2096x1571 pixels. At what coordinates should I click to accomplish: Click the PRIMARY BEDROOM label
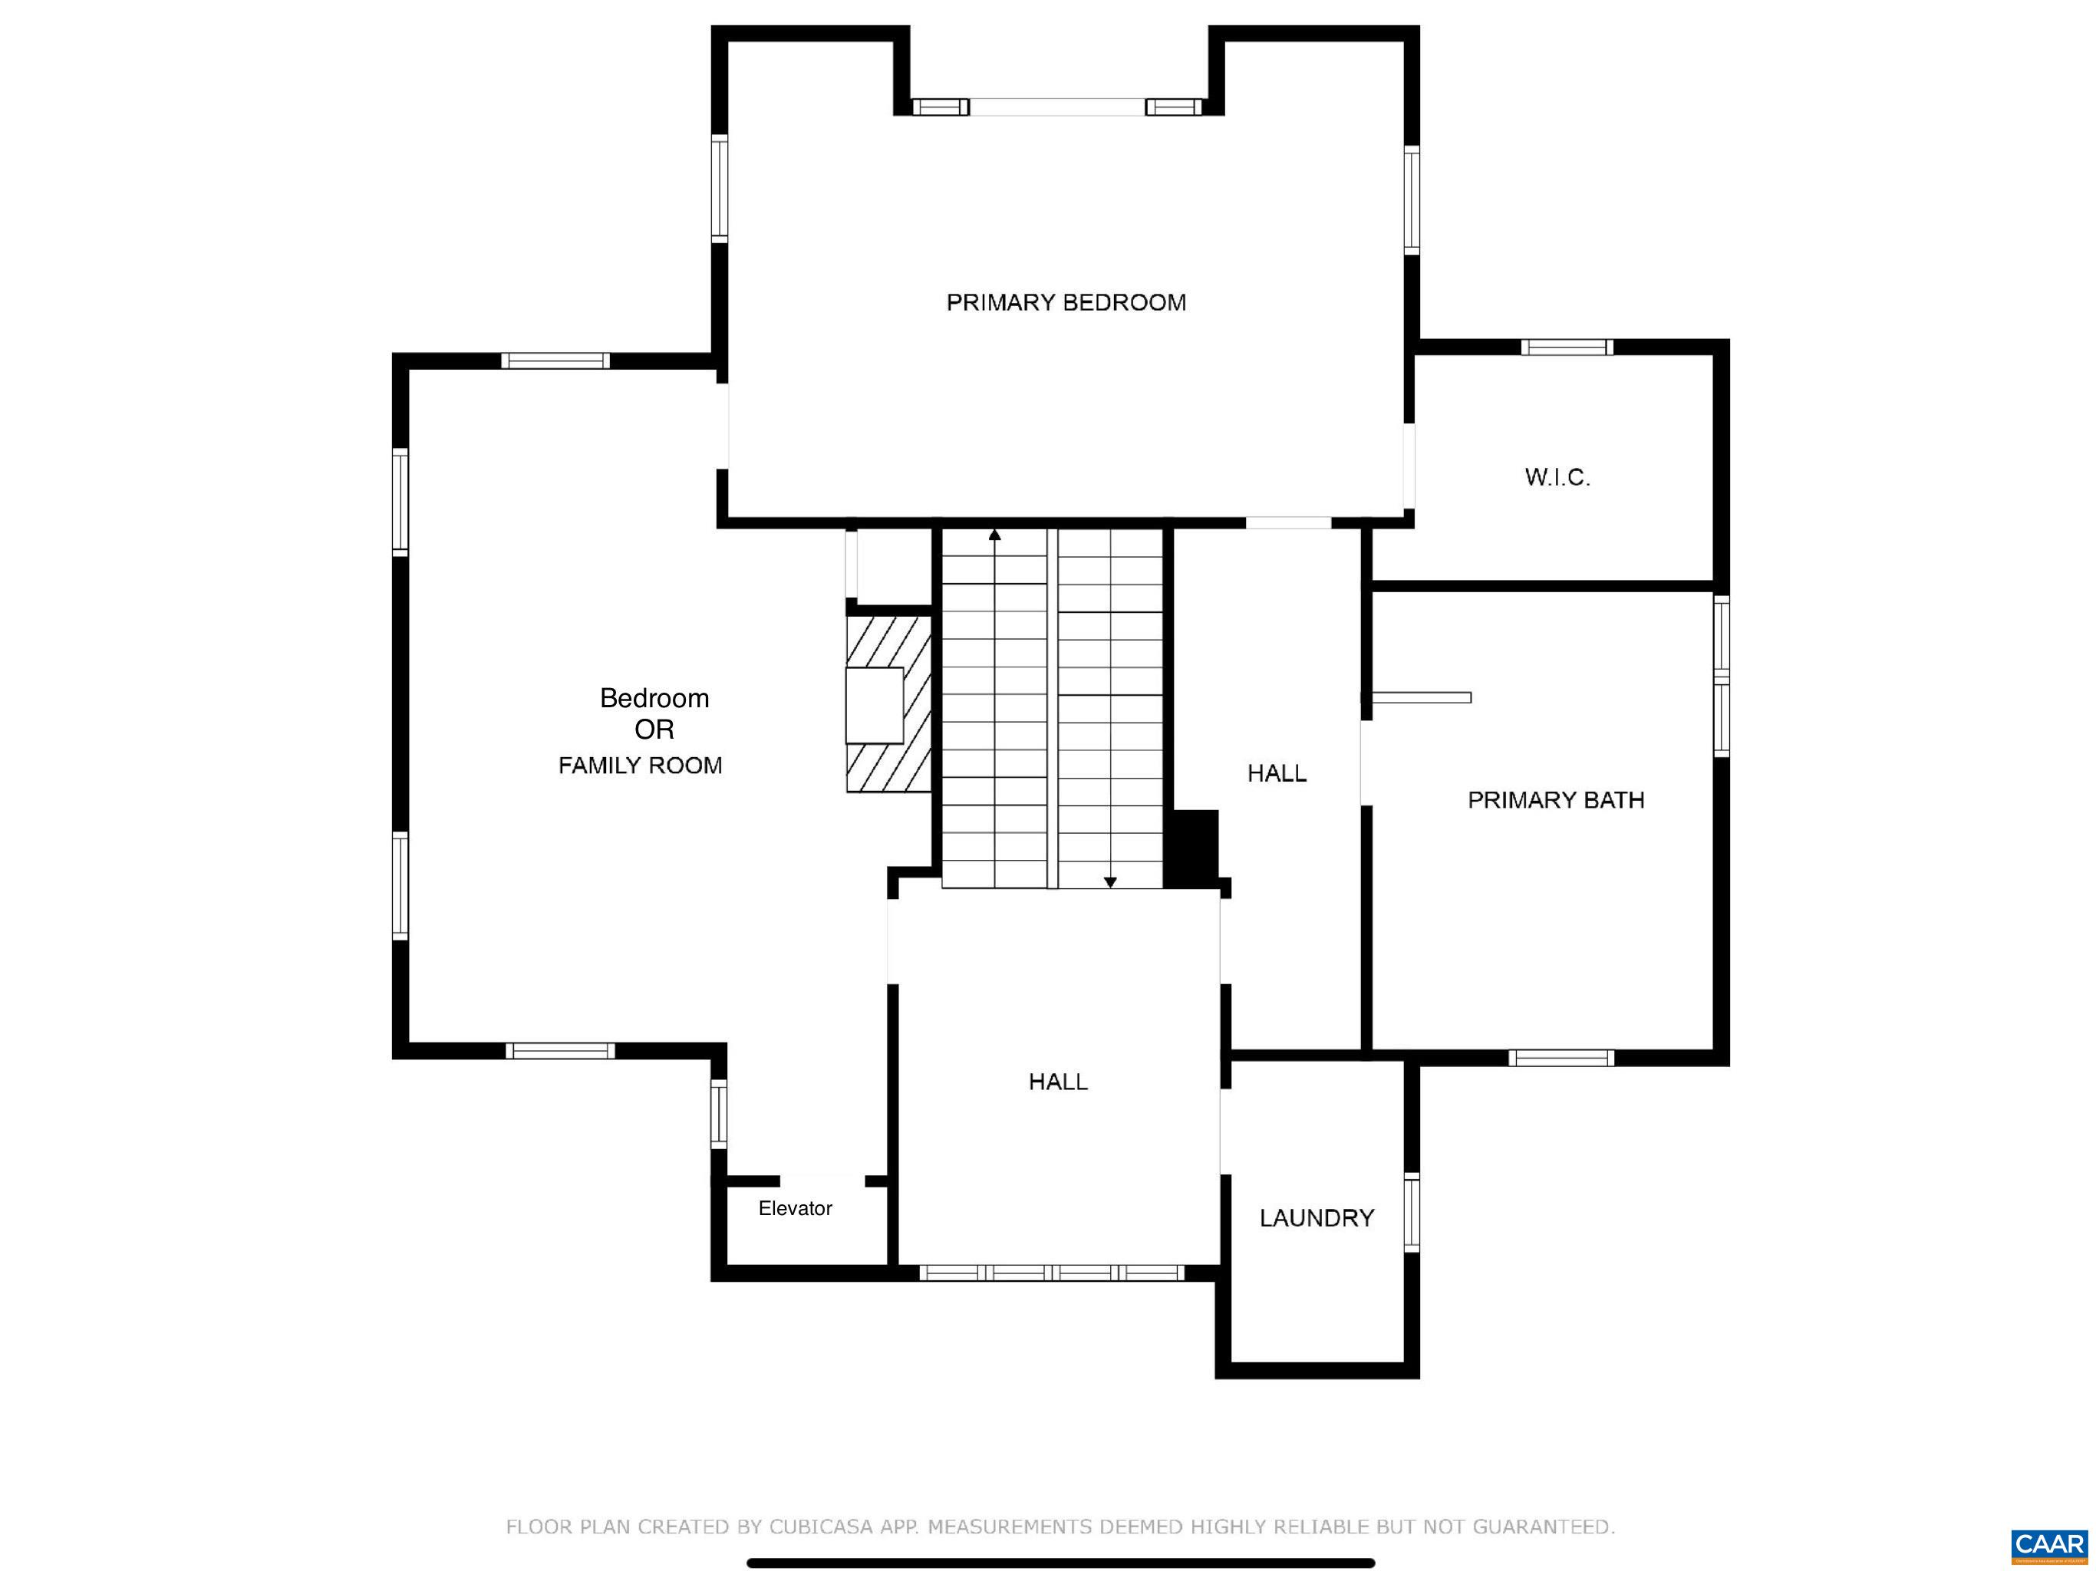pyautogui.click(x=1066, y=302)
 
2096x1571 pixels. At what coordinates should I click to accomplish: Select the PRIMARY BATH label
pyautogui.click(x=1556, y=800)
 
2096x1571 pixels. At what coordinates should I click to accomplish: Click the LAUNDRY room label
pyautogui.click(x=1317, y=1217)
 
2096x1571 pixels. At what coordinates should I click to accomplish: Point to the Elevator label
pyautogui.click(x=795, y=1208)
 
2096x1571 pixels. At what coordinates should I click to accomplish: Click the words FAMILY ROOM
pyautogui.click(x=640, y=765)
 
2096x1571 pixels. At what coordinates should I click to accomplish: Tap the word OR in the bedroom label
pyautogui.click(x=654, y=730)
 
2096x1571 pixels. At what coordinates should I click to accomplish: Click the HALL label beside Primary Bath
pyautogui.click(x=1277, y=773)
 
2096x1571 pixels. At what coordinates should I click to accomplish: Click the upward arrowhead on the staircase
pyautogui.click(x=995, y=535)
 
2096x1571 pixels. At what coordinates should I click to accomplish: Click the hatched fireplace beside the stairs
pyautogui.click(x=889, y=704)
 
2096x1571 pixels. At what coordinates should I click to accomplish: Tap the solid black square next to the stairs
pyautogui.click(x=1190, y=849)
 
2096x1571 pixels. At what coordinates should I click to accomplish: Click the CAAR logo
pyautogui.click(x=2048, y=1546)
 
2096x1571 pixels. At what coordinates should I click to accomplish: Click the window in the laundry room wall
pyautogui.click(x=1412, y=1212)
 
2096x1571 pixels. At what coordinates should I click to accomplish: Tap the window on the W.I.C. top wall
pyautogui.click(x=1567, y=347)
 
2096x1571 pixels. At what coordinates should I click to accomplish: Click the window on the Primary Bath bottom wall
pyautogui.click(x=1561, y=1058)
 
